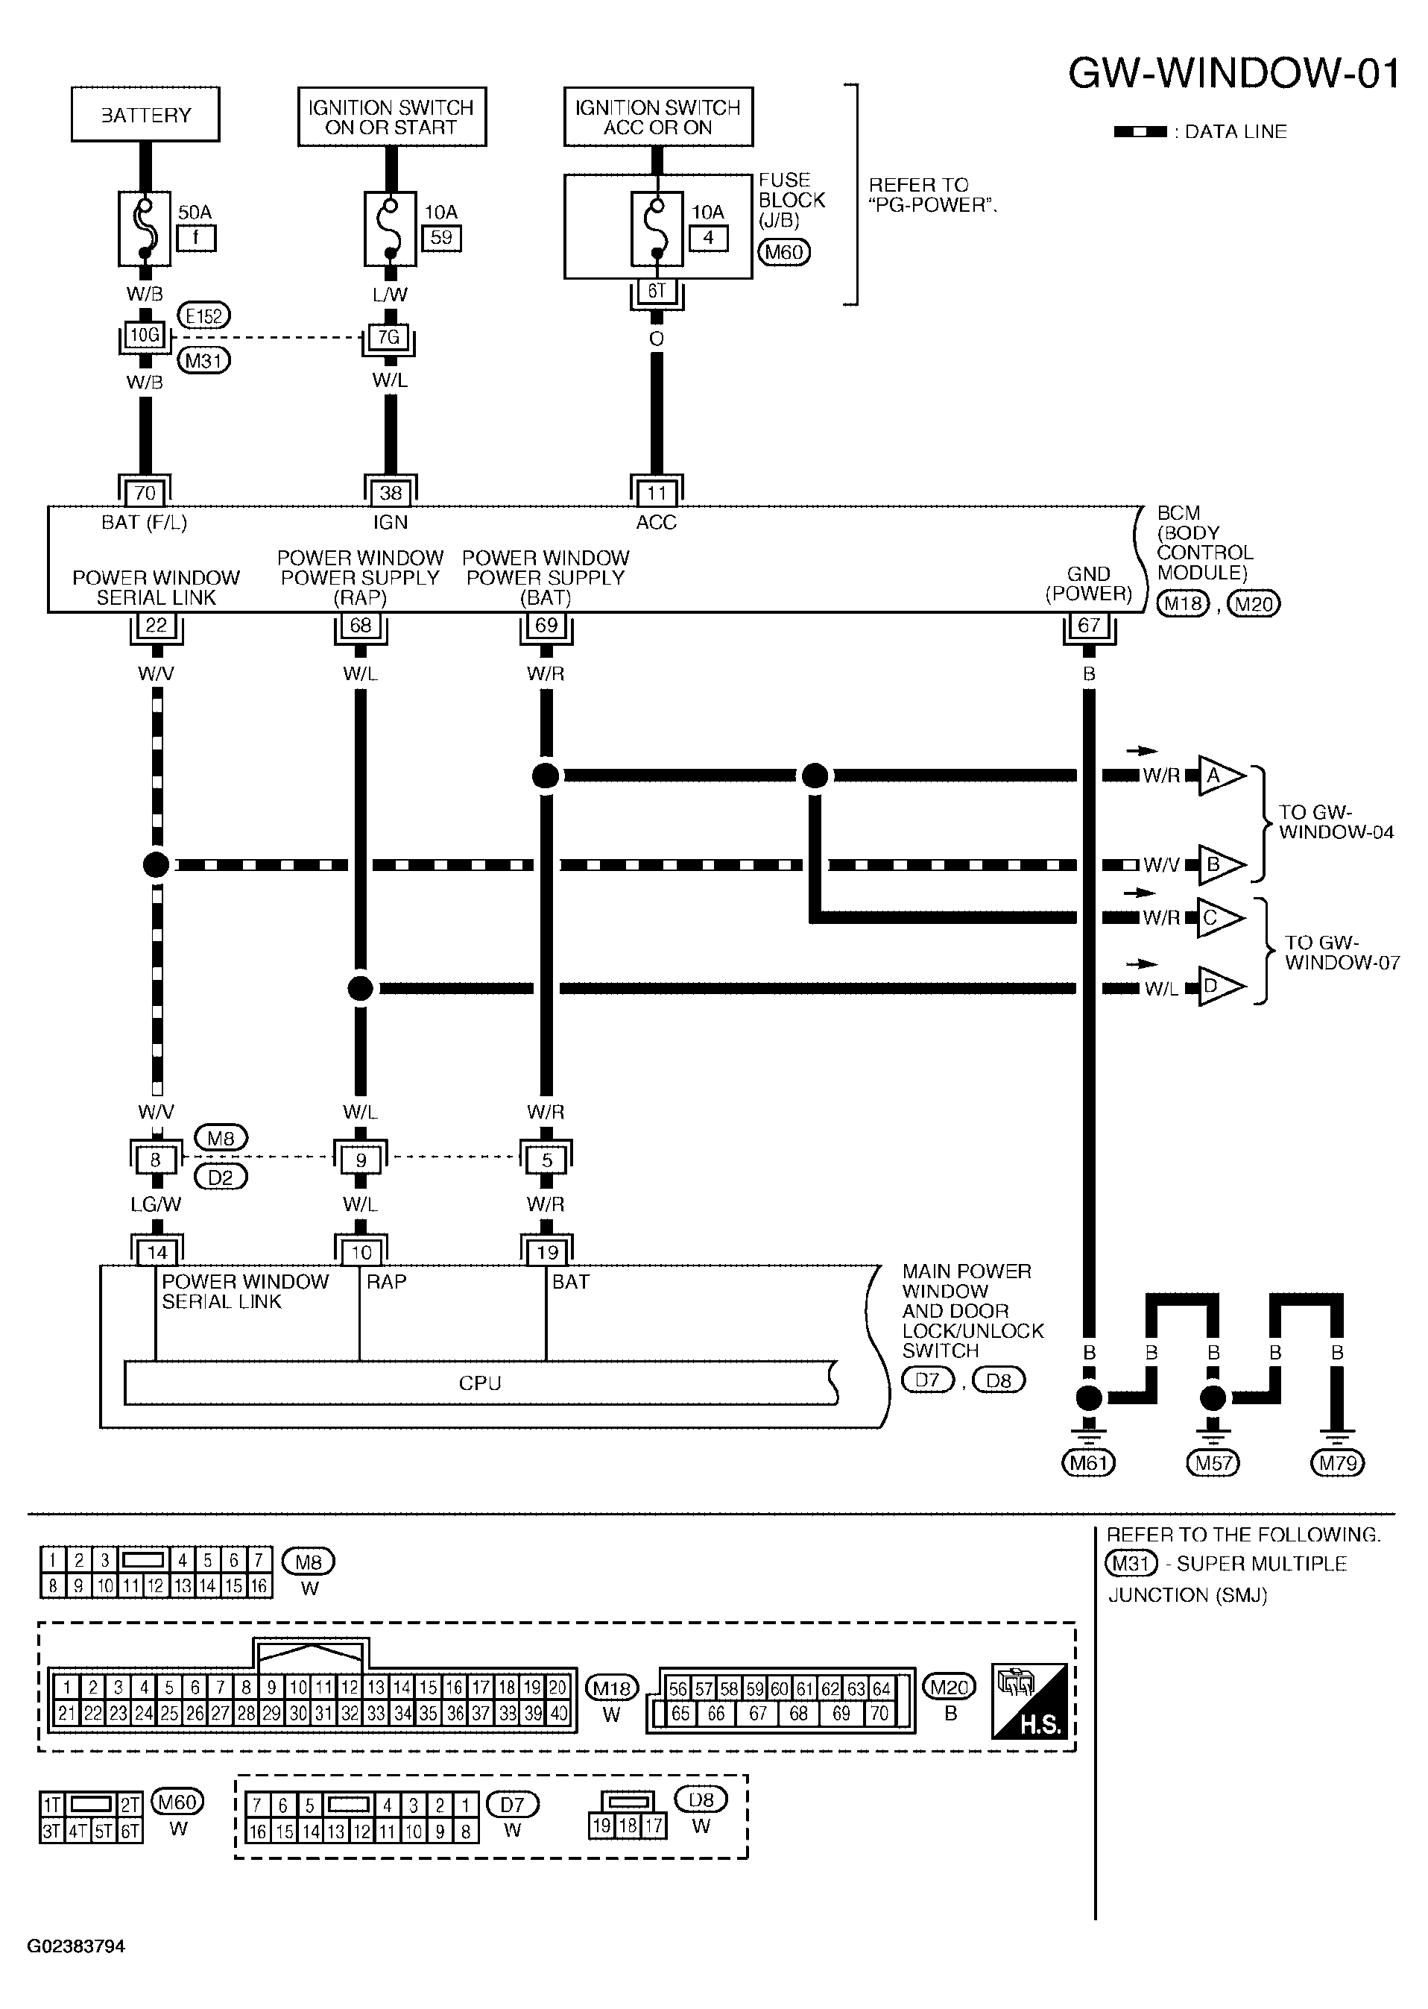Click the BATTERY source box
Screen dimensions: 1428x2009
tap(145, 114)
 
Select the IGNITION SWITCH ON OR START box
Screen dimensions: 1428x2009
tap(391, 116)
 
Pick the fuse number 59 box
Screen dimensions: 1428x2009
tap(441, 237)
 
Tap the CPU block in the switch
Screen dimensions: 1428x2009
tap(480, 1383)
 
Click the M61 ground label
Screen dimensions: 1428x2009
tap(1089, 1464)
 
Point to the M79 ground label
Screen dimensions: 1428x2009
tap(1336, 1464)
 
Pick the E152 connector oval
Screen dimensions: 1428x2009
tap(204, 315)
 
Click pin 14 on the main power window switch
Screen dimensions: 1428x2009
tap(157, 1251)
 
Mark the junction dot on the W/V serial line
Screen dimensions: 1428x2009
tap(156, 864)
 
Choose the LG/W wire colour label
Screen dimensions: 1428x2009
tap(156, 1204)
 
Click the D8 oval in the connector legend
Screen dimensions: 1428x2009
tap(701, 1799)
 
